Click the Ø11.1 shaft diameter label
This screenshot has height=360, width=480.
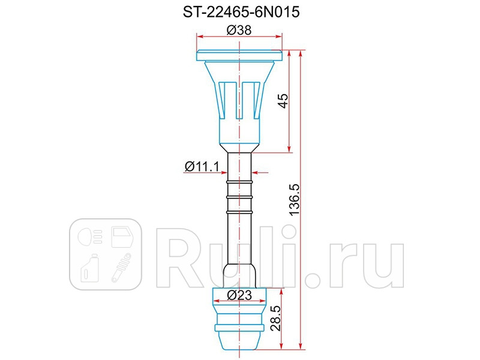tap(200, 167)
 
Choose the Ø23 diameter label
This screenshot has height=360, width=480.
tap(239, 295)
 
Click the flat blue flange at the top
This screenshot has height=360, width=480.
tap(239, 56)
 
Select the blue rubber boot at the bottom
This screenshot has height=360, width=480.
tap(239, 324)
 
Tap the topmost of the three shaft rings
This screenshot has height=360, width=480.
tap(239, 181)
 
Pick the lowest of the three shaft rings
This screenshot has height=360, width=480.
tap(239, 211)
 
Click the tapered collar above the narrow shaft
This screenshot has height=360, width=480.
tap(239, 148)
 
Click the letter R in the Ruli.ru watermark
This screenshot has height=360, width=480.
tap(180, 255)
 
